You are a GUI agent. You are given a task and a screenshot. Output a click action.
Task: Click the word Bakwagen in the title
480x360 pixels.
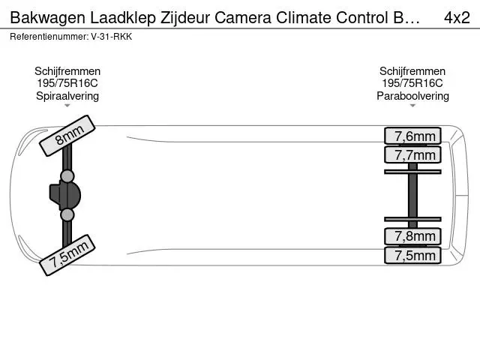pos(48,18)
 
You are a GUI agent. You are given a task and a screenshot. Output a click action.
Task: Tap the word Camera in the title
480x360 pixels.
pos(243,17)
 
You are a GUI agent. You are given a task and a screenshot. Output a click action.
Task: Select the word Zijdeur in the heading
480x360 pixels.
pos(185,18)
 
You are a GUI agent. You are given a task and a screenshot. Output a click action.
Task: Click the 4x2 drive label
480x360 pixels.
pos(457,18)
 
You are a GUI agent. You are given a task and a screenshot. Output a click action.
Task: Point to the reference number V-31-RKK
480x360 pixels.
pos(112,37)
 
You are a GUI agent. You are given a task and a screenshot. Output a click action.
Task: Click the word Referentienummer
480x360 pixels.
pos(49,37)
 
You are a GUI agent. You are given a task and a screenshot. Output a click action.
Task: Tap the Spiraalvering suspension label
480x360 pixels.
pos(67,96)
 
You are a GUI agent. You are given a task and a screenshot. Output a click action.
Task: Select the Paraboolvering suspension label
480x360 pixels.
pos(412,96)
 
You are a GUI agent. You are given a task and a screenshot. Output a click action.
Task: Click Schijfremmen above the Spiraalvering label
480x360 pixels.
pos(67,71)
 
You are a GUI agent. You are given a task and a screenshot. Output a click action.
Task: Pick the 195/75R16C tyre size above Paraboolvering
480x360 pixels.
pos(412,83)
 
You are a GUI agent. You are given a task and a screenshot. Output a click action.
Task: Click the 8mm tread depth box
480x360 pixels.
pos(67,136)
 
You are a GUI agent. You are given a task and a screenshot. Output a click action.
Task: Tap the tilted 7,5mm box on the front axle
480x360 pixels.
pos(67,255)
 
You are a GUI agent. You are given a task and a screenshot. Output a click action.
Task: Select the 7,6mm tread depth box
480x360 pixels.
pos(412,136)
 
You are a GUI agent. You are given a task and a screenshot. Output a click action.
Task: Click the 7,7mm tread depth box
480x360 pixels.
pos(412,155)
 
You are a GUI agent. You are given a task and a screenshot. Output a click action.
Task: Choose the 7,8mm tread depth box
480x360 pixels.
pos(412,236)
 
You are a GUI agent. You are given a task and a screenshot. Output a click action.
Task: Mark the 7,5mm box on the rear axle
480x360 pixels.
pos(412,255)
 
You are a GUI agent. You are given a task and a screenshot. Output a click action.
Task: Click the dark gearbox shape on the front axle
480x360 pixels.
pos(65,195)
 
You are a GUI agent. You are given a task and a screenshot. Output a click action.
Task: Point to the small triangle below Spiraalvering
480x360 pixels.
pos(67,106)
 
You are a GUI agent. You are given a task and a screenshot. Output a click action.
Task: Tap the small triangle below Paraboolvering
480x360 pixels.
pos(412,106)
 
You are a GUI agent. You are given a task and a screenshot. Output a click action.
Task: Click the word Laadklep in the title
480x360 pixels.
pos(123,18)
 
